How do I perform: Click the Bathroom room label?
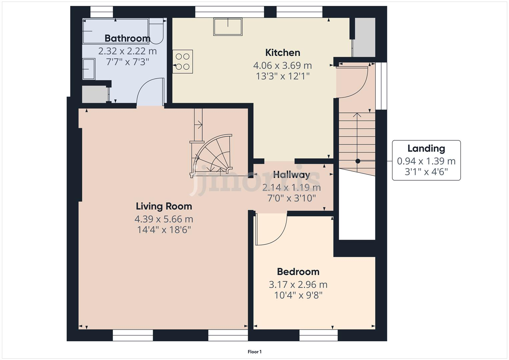[127, 38]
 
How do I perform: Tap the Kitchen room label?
[283, 53]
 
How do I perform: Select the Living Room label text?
[164, 206]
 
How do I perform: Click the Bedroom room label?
[298, 272]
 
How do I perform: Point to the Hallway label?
[292, 175]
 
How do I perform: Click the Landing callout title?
[426, 149]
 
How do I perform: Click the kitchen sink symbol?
[228, 27]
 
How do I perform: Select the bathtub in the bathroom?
[115, 31]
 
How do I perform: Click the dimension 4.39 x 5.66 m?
[164, 219]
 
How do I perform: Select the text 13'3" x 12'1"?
[283, 76]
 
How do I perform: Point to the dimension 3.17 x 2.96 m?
[298, 285]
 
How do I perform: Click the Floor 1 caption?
[255, 352]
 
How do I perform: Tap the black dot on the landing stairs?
[358, 161]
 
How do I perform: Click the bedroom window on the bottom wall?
[318, 335]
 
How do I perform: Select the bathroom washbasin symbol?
[89, 69]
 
